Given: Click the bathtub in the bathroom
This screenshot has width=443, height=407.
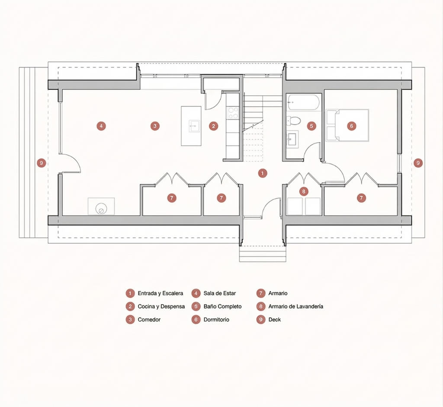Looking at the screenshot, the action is coord(304,102).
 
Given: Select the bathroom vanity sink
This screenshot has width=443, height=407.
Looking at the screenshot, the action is coord(292,138).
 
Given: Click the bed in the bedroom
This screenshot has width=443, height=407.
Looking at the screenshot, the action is coord(347,125).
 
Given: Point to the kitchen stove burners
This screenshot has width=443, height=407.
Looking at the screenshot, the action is coord(233,113).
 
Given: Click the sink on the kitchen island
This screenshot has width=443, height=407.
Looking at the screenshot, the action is coord(194,126).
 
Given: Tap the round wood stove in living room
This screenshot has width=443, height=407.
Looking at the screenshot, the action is coord(101,209).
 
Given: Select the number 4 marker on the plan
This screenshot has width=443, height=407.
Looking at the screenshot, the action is coord(101,126).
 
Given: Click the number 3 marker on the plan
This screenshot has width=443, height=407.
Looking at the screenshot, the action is coord(155,126).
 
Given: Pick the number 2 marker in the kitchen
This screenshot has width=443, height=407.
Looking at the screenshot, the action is coord(213,126).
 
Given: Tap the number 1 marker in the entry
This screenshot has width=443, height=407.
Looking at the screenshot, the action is coord(263,173).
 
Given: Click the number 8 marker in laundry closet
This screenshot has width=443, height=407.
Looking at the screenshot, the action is coord(304,192).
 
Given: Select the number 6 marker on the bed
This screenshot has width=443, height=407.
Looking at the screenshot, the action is coord(352,126).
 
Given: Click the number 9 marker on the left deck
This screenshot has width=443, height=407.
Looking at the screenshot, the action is coord(42,163).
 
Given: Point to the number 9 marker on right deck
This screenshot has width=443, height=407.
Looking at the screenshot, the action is coord(418,163).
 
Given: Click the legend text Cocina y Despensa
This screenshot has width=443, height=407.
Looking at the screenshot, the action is coord(161,306).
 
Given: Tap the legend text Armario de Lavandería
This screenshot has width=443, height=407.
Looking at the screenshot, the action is coord(296,306).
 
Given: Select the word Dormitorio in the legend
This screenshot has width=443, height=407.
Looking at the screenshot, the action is coord(216,320).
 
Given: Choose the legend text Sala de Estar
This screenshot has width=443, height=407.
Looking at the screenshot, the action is coord(219,293).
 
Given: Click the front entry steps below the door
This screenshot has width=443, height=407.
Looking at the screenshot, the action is coord(263,254).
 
